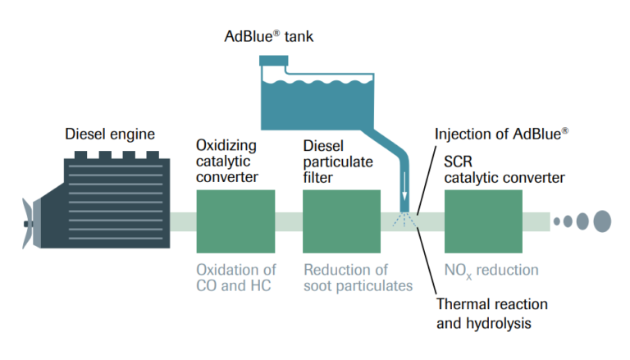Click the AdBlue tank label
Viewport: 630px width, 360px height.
[x=269, y=36]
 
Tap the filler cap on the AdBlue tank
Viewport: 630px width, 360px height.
[x=274, y=60]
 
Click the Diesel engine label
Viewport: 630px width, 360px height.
[x=110, y=133]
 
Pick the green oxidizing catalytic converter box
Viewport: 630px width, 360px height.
[x=235, y=221]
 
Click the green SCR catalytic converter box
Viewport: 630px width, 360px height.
[x=483, y=221]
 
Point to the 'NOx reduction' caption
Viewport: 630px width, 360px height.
[x=491, y=270]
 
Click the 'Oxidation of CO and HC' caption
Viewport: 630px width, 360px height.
[x=237, y=277]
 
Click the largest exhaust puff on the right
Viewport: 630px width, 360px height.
[x=602, y=221]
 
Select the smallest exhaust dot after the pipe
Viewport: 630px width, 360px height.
[x=557, y=221]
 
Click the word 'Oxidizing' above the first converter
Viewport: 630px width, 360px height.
[x=226, y=145]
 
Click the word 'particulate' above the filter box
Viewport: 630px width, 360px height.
[x=336, y=160]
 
